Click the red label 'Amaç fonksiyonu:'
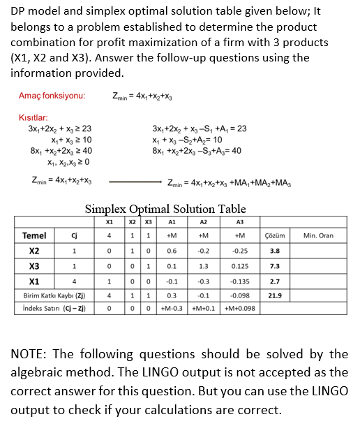coord(52,95)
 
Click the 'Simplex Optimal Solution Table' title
coord(165,209)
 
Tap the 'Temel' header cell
coord(35,235)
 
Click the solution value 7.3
coord(275,266)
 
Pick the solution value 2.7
coord(275,281)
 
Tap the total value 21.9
coord(275,295)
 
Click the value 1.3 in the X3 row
coord(205,266)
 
